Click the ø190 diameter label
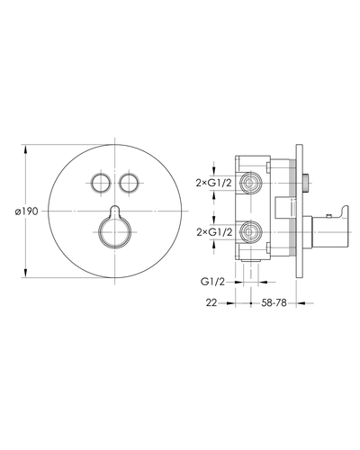point(27,211)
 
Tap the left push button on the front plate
point(101,183)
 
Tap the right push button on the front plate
point(129,183)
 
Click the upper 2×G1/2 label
point(214,183)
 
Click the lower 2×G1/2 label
point(214,232)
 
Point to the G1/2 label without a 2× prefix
point(212,282)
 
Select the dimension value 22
point(211,303)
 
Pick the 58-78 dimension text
point(274,303)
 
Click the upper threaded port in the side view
point(252,183)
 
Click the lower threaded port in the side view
point(252,232)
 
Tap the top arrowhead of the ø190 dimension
point(25,149)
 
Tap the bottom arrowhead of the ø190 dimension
point(25,273)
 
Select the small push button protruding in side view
point(306,183)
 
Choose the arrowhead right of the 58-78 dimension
point(301,303)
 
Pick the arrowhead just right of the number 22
point(230,303)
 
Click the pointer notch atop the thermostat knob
point(115,211)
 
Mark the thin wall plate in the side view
point(300,211)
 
